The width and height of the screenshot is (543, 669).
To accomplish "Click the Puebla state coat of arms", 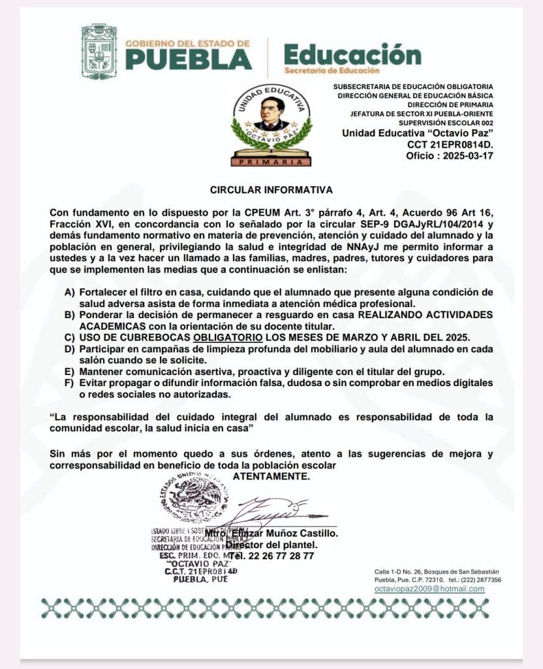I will [x=99, y=52].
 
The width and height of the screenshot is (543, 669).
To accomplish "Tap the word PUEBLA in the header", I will [x=189, y=59].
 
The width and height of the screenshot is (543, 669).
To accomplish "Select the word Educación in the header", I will [x=343, y=54].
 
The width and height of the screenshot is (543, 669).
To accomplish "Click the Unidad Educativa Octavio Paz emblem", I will [x=271, y=124].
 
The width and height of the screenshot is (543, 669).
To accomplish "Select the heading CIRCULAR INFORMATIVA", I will [x=271, y=190].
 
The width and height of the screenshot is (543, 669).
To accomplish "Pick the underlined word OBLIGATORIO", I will [x=228, y=337].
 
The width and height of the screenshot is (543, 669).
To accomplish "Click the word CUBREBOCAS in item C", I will [x=159, y=337].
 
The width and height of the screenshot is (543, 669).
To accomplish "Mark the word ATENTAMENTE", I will [x=271, y=477].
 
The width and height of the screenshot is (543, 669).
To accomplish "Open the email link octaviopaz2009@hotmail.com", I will [x=429, y=589].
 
